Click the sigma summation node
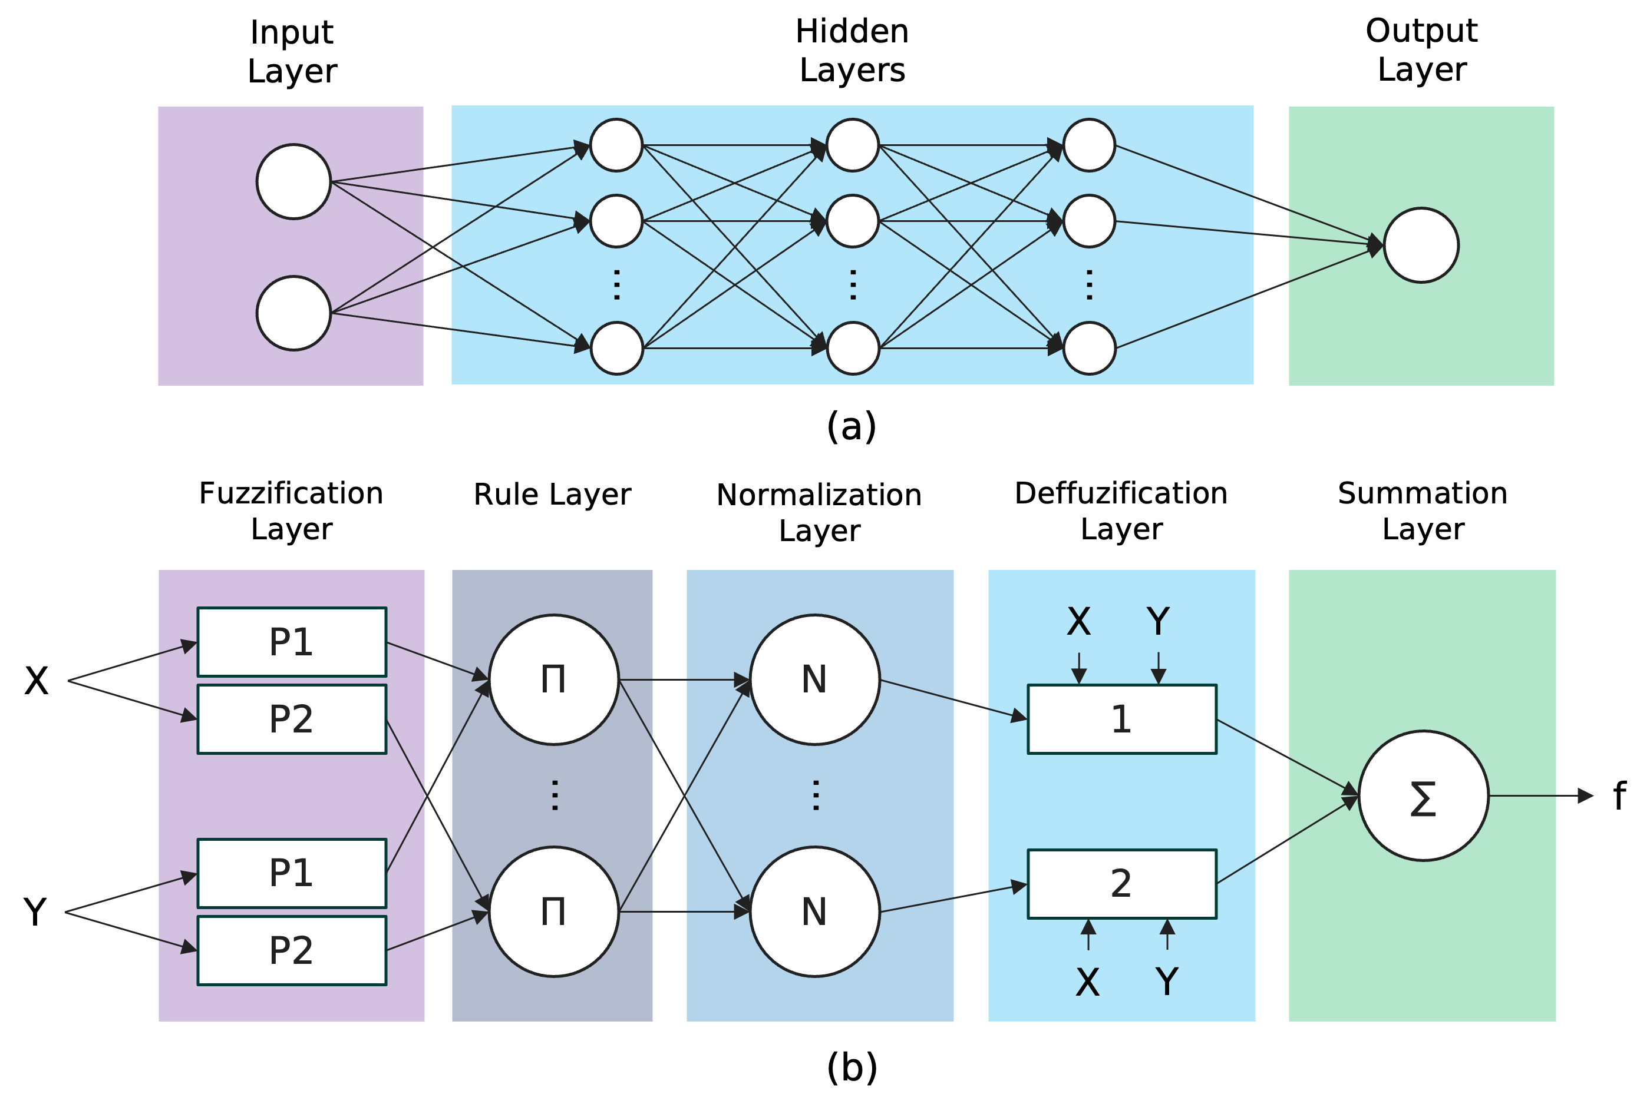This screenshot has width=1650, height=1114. point(1423,796)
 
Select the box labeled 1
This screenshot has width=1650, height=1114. point(1122,719)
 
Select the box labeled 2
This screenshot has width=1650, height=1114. point(1122,883)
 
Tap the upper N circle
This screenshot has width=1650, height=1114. point(814,679)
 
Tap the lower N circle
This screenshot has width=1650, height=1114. point(814,912)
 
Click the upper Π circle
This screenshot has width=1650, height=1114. point(554,679)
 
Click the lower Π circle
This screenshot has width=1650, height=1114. point(554,912)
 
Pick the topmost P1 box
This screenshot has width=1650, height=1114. point(292,642)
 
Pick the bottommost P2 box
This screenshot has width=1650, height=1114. point(292,951)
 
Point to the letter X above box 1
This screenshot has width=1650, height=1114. point(1078,622)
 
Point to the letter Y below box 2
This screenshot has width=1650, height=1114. point(1167,982)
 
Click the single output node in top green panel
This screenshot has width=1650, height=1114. point(1421,246)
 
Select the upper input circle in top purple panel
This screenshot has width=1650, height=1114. point(293,182)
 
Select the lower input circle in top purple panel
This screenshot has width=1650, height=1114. point(293,313)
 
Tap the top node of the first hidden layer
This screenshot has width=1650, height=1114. point(616,145)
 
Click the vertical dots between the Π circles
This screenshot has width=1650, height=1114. point(555,795)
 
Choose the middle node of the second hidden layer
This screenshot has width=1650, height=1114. point(853,221)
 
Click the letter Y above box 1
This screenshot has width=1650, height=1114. point(1158,622)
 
